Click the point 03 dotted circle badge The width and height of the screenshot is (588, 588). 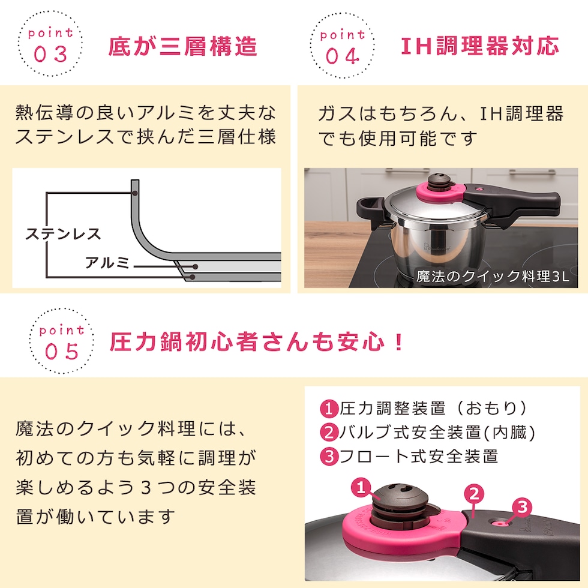pos(50,43)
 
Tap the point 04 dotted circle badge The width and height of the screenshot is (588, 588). pos(342,45)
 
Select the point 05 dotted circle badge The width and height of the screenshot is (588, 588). pos(62,341)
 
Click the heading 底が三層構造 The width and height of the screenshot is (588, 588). pos(182,47)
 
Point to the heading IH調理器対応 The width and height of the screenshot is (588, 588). pos(480,46)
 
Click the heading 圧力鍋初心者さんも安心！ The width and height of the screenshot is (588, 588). pos(257,341)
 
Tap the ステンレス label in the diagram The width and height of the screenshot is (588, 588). pos(63,234)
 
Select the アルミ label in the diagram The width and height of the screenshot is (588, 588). pos(107,262)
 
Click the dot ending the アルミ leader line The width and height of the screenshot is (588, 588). pos(195,266)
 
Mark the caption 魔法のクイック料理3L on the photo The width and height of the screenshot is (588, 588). pos(493,277)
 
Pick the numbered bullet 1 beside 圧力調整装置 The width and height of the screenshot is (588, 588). pos(329,409)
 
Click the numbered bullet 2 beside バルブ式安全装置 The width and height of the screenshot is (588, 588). pos(329,433)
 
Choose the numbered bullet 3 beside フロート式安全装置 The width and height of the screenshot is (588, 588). pos(329,457)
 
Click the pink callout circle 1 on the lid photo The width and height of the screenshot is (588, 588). pos(361,487)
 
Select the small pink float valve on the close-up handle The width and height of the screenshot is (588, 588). pos(499,523)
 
